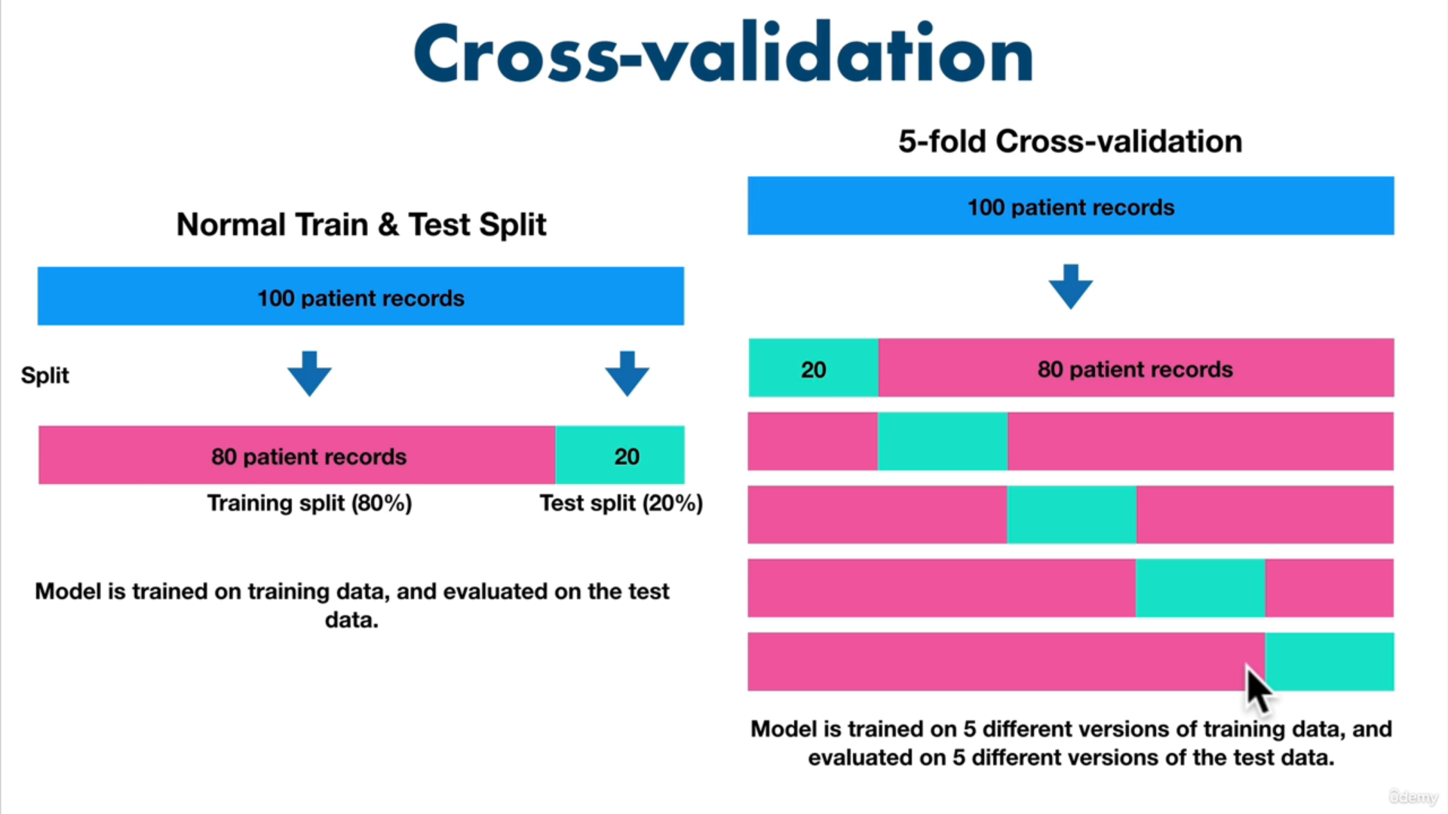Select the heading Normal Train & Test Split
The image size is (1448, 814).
(361, 225)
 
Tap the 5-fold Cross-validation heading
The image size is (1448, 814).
(1069, 142)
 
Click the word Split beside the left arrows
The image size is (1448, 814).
(45, 375)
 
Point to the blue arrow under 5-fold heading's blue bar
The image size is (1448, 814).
(1070, 286)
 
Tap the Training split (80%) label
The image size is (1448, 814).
(309, 503)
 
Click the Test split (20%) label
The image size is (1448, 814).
(621, 503)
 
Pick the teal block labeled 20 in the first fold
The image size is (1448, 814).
(813, 369)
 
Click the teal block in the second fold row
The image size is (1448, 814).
(942, 442)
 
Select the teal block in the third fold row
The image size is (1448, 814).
(1071, 515)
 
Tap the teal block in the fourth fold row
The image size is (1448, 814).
(1200, 588)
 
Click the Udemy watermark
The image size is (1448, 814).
(1413, 797)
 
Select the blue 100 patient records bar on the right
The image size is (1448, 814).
(1070, 207)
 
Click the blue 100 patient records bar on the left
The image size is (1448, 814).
(360, 296)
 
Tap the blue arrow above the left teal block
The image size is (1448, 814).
(627, 373)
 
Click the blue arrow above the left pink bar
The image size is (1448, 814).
(309, 373)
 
